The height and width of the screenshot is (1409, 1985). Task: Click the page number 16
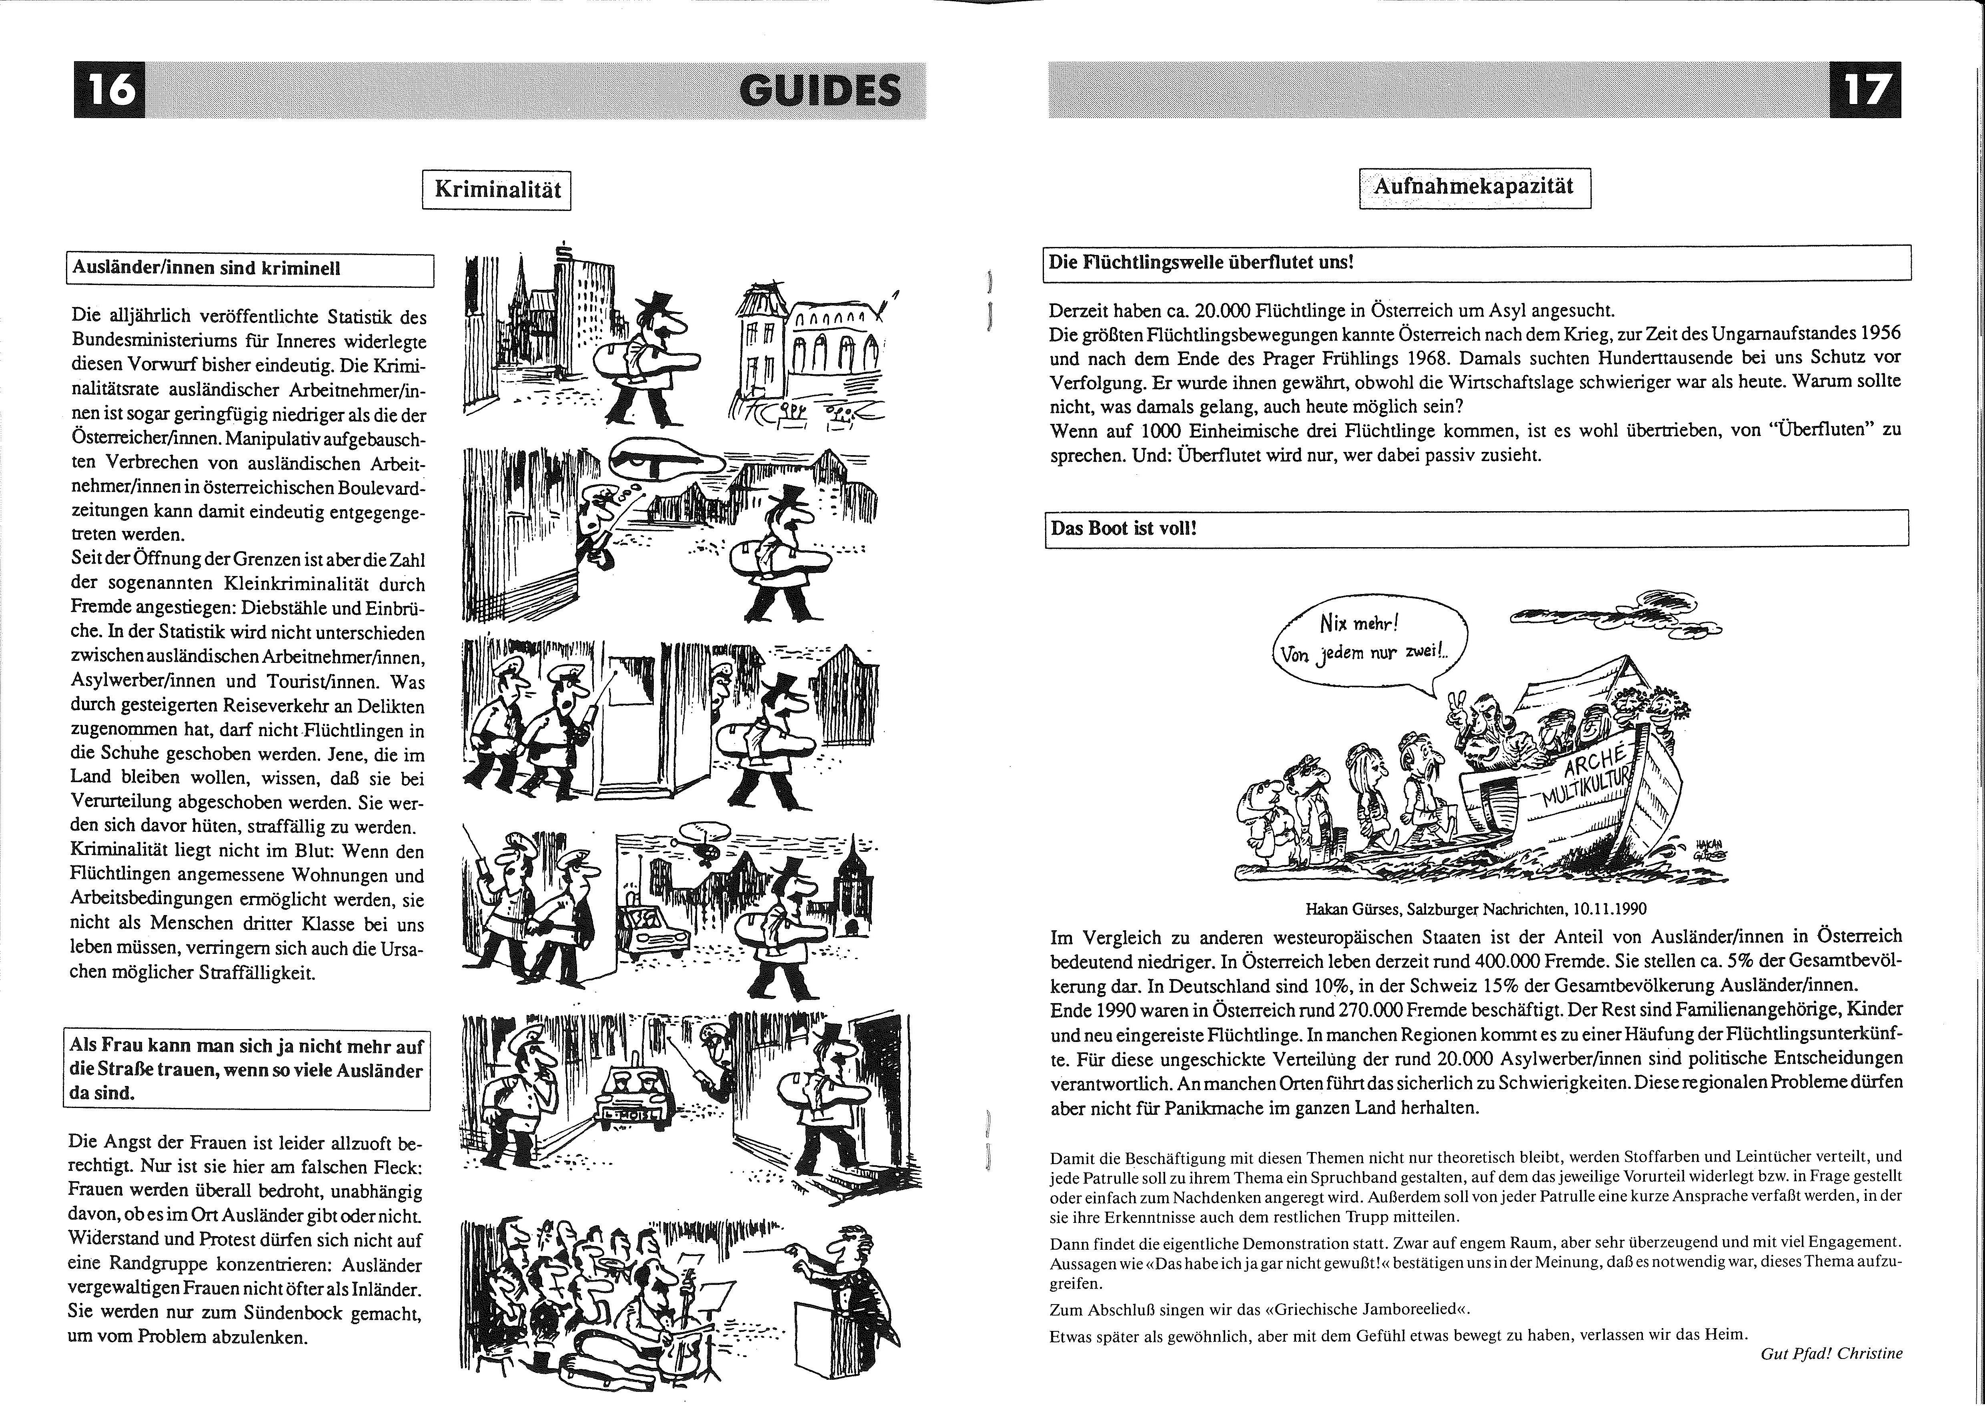[110, 90]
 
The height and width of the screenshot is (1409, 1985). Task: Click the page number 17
[1865, 90]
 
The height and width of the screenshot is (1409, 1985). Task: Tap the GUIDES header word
[820, 90]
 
